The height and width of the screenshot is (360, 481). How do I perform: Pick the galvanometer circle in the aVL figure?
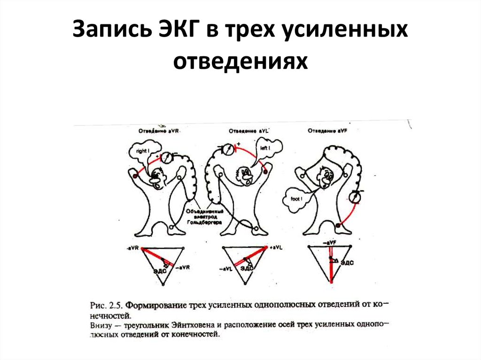pos(227,150)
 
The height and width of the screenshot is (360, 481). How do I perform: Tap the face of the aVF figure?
pos(326,177)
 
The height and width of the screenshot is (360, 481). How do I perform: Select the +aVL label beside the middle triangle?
pos(275,247)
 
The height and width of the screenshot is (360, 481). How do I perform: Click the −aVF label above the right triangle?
pos(329,242)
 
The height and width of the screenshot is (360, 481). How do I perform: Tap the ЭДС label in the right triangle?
pos(347,263)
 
